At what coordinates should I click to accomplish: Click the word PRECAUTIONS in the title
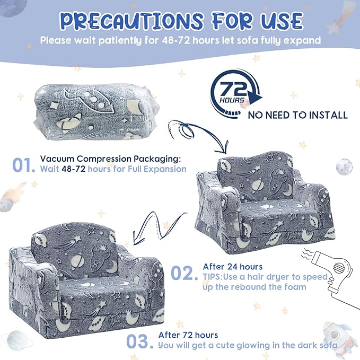pos(132,21)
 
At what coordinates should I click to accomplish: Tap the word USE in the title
pos(282,21)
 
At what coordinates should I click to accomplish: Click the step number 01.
pos(24,165)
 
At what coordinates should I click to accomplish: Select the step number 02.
pos(184,273)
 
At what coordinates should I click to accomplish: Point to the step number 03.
pos(139,341)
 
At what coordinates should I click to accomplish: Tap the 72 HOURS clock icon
pos(235,94)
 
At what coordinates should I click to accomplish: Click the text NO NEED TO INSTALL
pos(297,115)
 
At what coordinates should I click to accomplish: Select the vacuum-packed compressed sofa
pos(96,112)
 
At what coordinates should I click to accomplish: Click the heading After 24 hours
pos(233,267)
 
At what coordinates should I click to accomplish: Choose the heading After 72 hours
pos(188,335)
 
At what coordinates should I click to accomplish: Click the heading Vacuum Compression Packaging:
pos(110,159)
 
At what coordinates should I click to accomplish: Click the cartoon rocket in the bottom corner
pos(337,337)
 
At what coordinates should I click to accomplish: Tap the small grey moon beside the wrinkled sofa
pos(344,166)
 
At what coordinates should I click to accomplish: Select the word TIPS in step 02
pos(212,277)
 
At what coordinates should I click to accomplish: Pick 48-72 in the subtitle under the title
pos(176,40)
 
